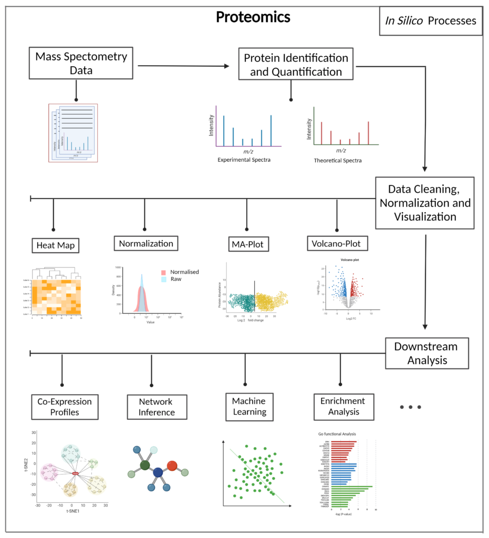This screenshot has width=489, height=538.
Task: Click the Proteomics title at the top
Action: tap(253, 17)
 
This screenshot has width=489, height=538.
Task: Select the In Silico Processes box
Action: tap(430, 21)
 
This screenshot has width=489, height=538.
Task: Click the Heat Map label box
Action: tap(54, 245)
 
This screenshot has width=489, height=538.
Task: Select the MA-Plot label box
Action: tap(247, 243)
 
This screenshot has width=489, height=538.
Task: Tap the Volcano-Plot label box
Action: tap(337, 243)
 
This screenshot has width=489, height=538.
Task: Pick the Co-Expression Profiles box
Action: tap(64, 406)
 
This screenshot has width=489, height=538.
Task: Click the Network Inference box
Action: tap(152, 406)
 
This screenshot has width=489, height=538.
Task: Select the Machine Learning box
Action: tap(247, 406)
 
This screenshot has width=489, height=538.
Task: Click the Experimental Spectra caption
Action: tap(244, 159)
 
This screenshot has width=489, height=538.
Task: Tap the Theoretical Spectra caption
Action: tap(338, 160)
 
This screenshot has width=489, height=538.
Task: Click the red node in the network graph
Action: tap(172, 465)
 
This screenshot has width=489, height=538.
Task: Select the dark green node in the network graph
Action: tap(145, 465)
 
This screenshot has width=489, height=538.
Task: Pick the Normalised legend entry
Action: tap(182, 272)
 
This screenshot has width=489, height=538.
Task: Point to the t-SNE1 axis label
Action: tap(72, 510)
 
